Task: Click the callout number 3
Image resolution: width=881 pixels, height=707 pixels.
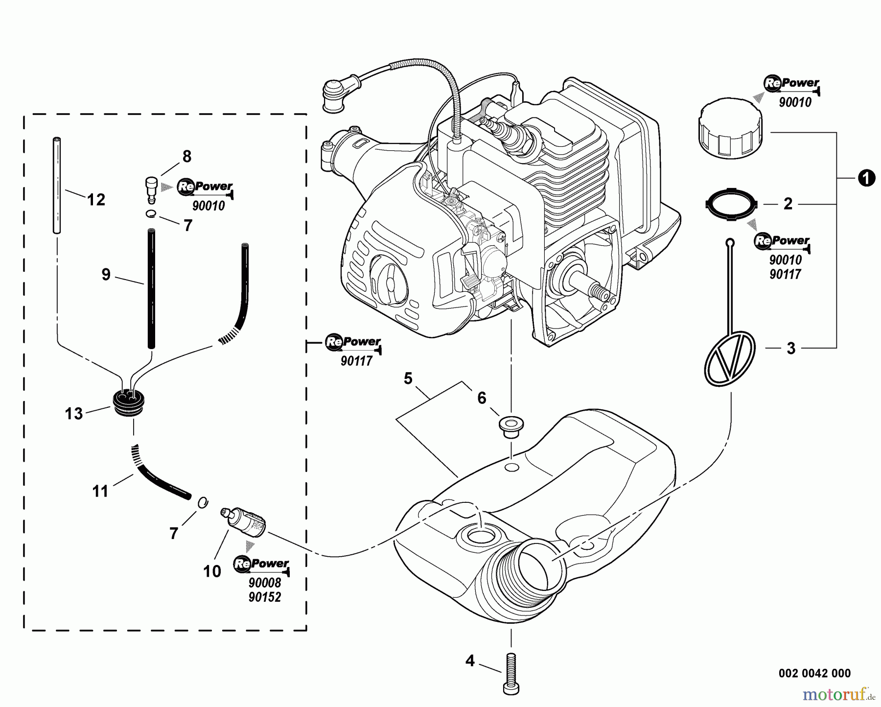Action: click(791, 349)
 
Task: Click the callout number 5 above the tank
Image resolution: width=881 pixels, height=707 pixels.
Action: click(408, 378)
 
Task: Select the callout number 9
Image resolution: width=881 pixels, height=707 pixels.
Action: click(106, 275)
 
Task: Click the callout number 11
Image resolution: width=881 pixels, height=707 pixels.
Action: click(100, 491)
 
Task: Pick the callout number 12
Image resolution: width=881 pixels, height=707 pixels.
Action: click(96, 200)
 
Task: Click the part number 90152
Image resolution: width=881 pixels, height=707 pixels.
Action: click(265, 597)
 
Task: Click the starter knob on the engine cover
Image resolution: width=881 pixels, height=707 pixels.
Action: click(388, 283)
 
